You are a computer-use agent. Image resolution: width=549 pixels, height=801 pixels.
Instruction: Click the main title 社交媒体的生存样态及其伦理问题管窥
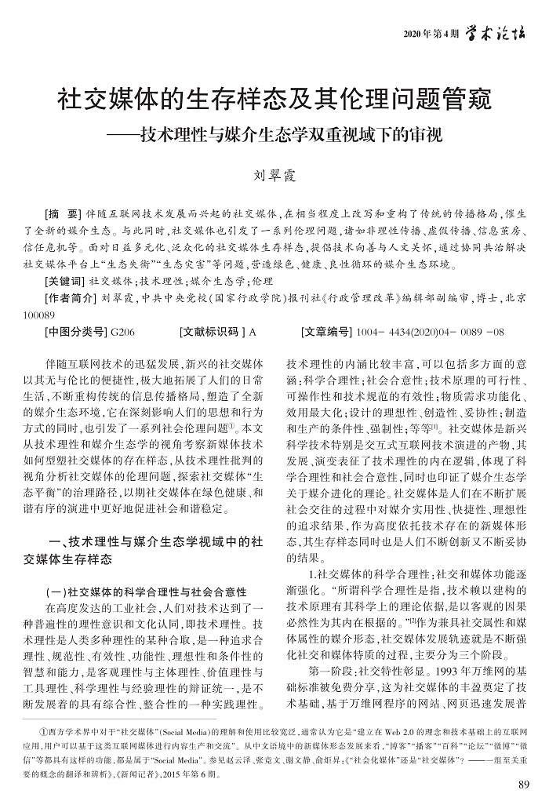click(x=274, y=101)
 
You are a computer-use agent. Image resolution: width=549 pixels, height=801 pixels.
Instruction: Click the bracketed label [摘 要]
click(x=64, y=213)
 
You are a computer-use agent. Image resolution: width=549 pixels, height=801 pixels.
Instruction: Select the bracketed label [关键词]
click(x=67, y=279)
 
